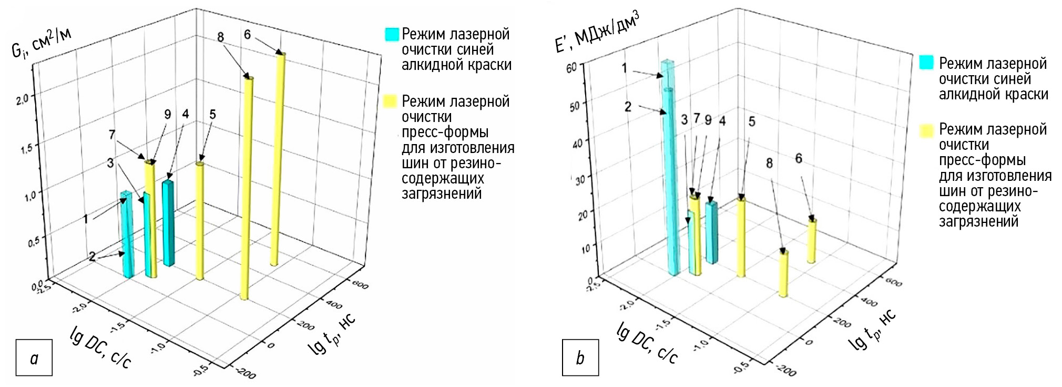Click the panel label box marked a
tap(34, 358)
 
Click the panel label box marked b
tap(580, 358)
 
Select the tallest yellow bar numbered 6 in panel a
tap(278, 158)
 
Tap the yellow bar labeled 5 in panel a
tap(199, 221)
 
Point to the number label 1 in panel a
tap(86, 219)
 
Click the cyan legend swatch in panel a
tap(392, 34)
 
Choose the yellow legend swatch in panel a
tap(392, 101)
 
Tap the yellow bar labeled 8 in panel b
tap(784, 273)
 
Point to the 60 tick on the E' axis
tap(572, 68)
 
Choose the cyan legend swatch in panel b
tap(926, 63)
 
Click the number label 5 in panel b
tap(752, 122)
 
